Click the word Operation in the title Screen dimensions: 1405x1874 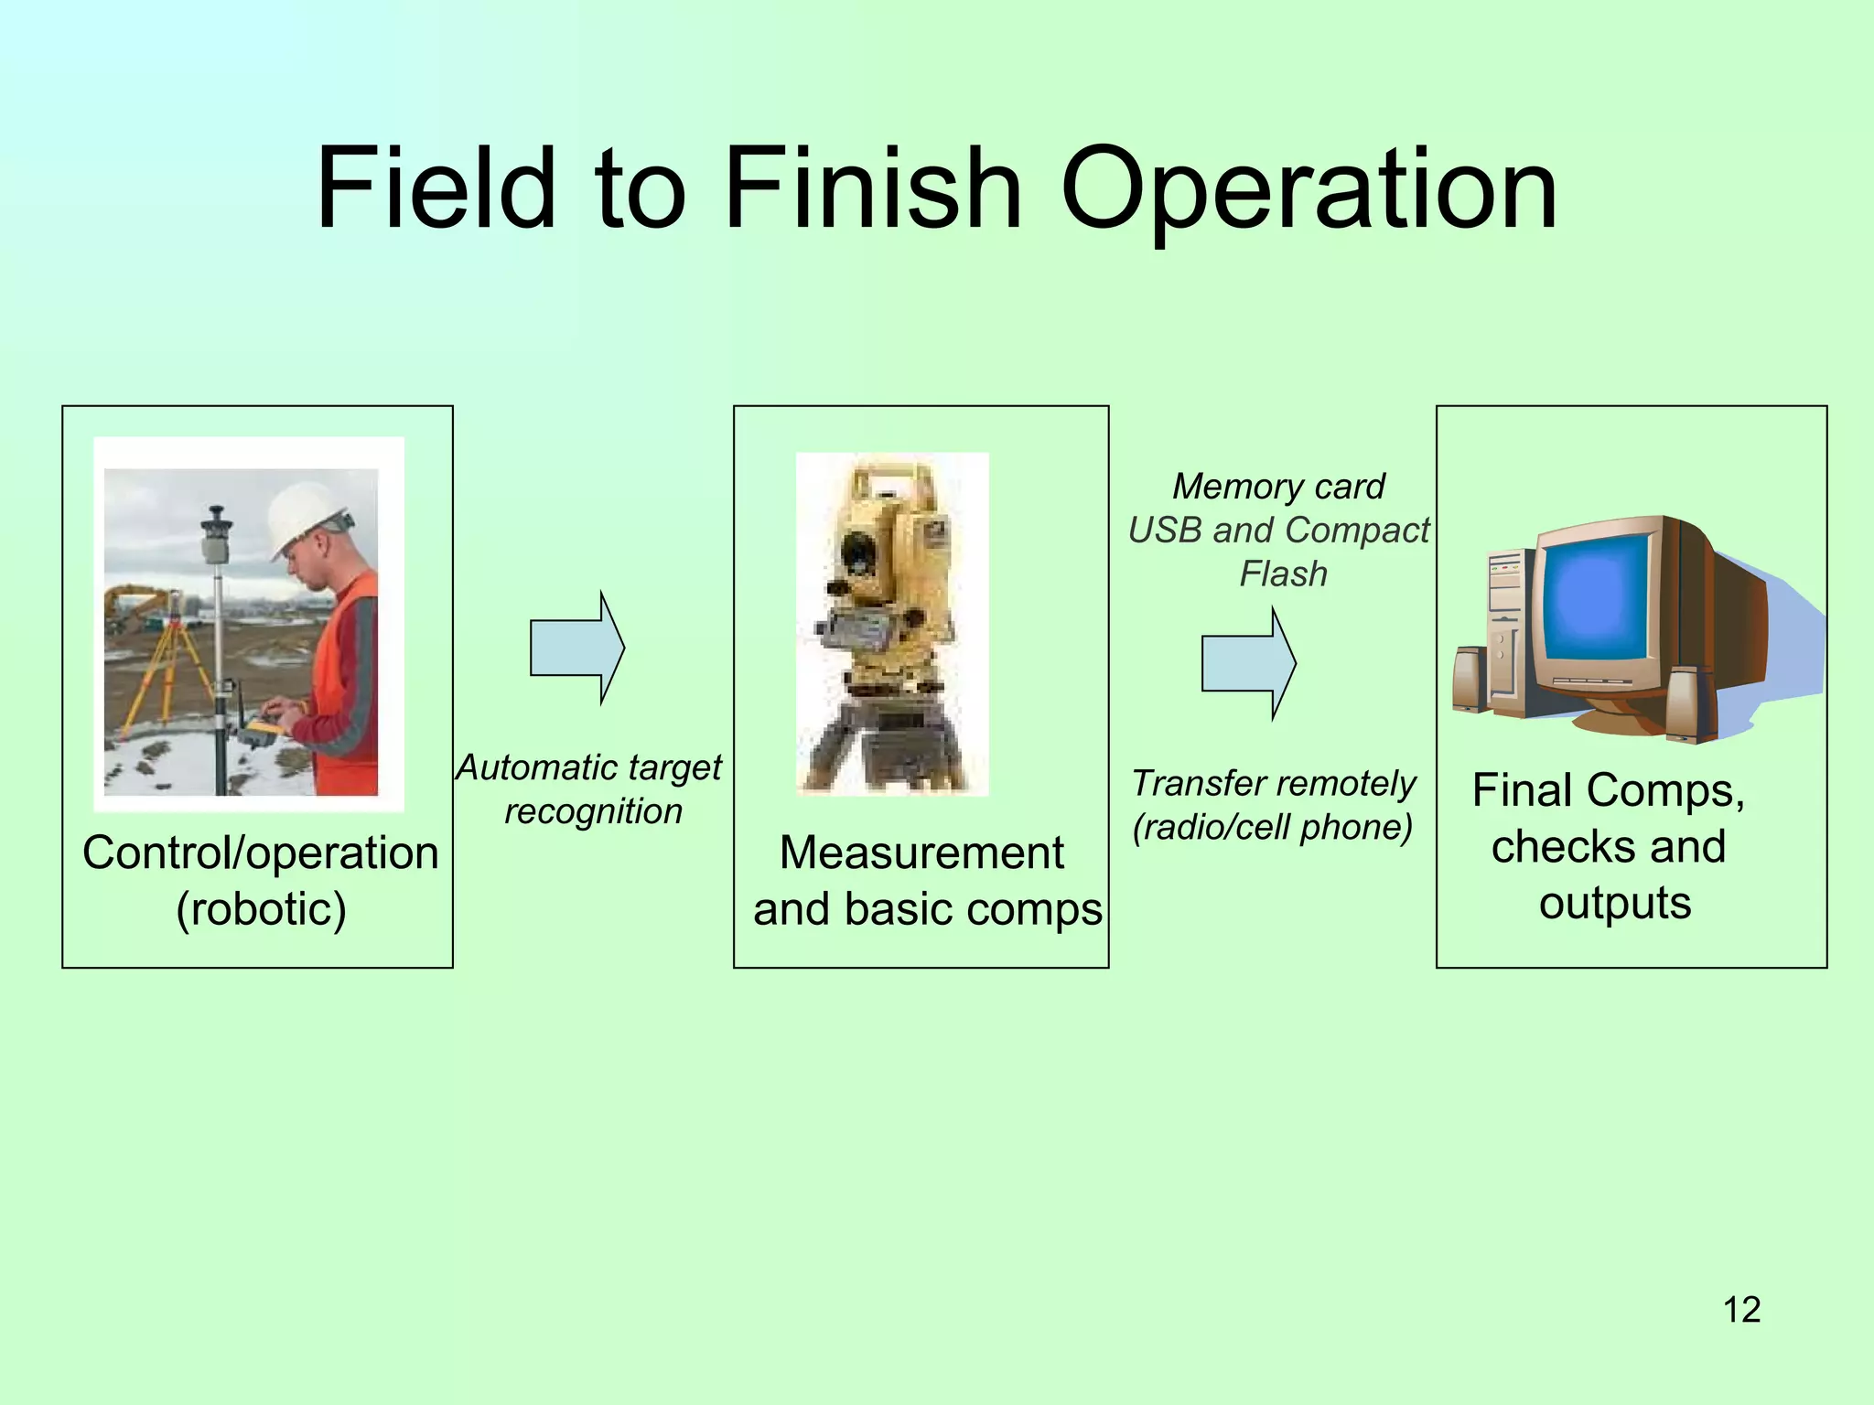click(x=1309, y=192)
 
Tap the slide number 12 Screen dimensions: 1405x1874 click(x=1741, y=1310)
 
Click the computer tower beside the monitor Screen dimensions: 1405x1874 click(x=1509, y=631)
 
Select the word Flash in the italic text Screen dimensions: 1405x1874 click(x=1283, y=574)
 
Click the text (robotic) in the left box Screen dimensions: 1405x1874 click(x=262, y=909)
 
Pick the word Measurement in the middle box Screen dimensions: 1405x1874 click(x=921, y=853)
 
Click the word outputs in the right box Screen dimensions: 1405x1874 click(x=1614, y=903)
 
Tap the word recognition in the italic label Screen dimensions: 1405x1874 click(x=593, y=811)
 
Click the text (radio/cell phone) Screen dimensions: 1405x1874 click(x=1272, y=828)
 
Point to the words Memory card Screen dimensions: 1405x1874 click(x=1278, y=487)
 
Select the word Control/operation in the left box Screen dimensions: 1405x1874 click(x=261, y=853)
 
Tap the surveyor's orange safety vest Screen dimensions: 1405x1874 click(x=348, y=677)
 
